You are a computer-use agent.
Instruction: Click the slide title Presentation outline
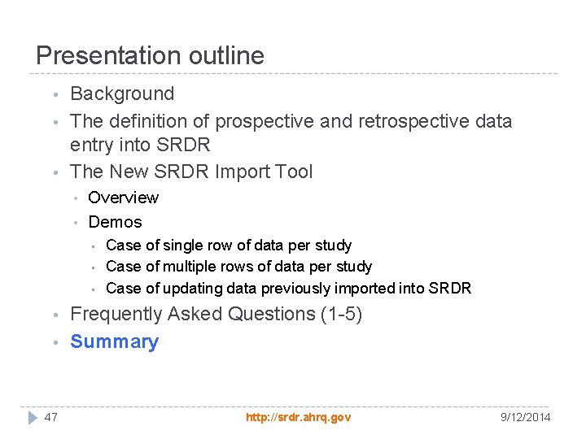tap(150, 55)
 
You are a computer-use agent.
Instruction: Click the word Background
tap(122, 94)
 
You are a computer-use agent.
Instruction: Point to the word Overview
tap(123, 198)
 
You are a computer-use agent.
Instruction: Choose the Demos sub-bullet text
tap(115, 222)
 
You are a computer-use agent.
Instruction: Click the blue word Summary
tap(114, 341)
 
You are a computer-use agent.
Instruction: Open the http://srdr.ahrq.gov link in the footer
tap(298, 417)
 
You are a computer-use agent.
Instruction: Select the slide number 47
tap(51, 417)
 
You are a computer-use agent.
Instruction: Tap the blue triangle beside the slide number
tap(32, 417)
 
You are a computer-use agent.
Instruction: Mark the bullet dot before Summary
tap(53, 342)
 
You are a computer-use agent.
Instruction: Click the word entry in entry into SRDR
tap(93, 146)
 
